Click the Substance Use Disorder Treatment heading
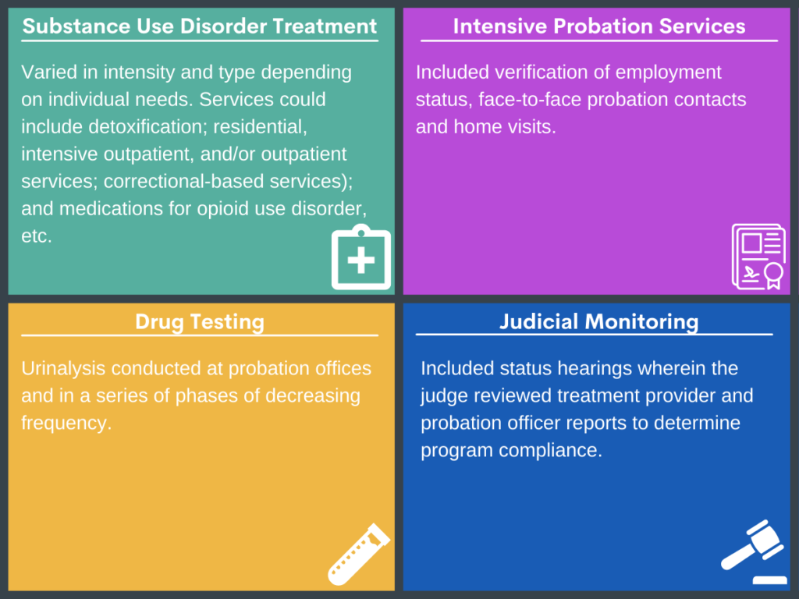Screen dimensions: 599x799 pos(200,27)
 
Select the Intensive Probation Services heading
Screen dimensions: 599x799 pos(598,27)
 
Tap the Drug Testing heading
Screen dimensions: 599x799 pos(200,321)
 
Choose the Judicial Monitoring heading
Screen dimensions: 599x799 pos(598,321)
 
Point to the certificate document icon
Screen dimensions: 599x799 pos(757,257)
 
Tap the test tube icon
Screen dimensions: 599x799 pos(357,555)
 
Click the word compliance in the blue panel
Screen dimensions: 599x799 pos(556,450)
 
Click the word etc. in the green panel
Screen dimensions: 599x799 pos(37,236)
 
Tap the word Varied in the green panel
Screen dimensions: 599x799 pos(48,73)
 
